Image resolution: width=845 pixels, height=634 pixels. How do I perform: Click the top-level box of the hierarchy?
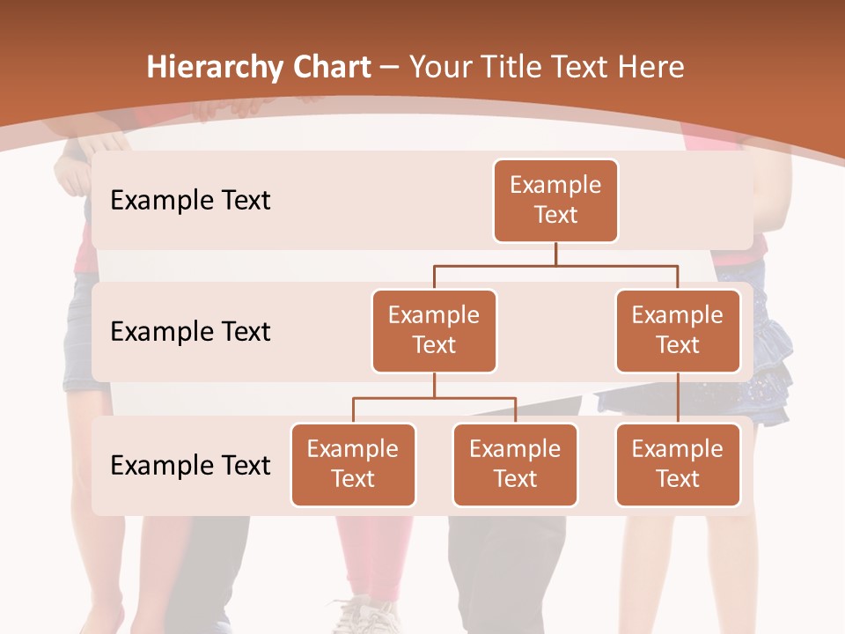pos(555,201)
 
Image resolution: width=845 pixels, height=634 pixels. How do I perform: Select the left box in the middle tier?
pos(434,330)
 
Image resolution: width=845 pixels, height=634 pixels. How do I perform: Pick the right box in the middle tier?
pos(678,330)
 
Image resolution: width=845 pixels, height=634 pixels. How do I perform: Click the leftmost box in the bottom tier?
pos(353,464)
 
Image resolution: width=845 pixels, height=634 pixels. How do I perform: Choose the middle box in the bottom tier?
pos(515,464)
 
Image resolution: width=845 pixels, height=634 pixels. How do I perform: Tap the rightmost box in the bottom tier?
pos(678,464)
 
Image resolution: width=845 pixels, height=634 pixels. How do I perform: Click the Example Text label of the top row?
pos(190,201)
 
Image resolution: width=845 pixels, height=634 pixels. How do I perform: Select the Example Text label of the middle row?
pos(190,331)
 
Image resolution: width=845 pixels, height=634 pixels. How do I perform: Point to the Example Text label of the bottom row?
pos(190,465)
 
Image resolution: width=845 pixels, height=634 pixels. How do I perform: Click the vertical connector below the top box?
pos(555,254)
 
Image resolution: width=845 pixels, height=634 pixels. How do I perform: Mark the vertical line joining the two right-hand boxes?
pos(678,398)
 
